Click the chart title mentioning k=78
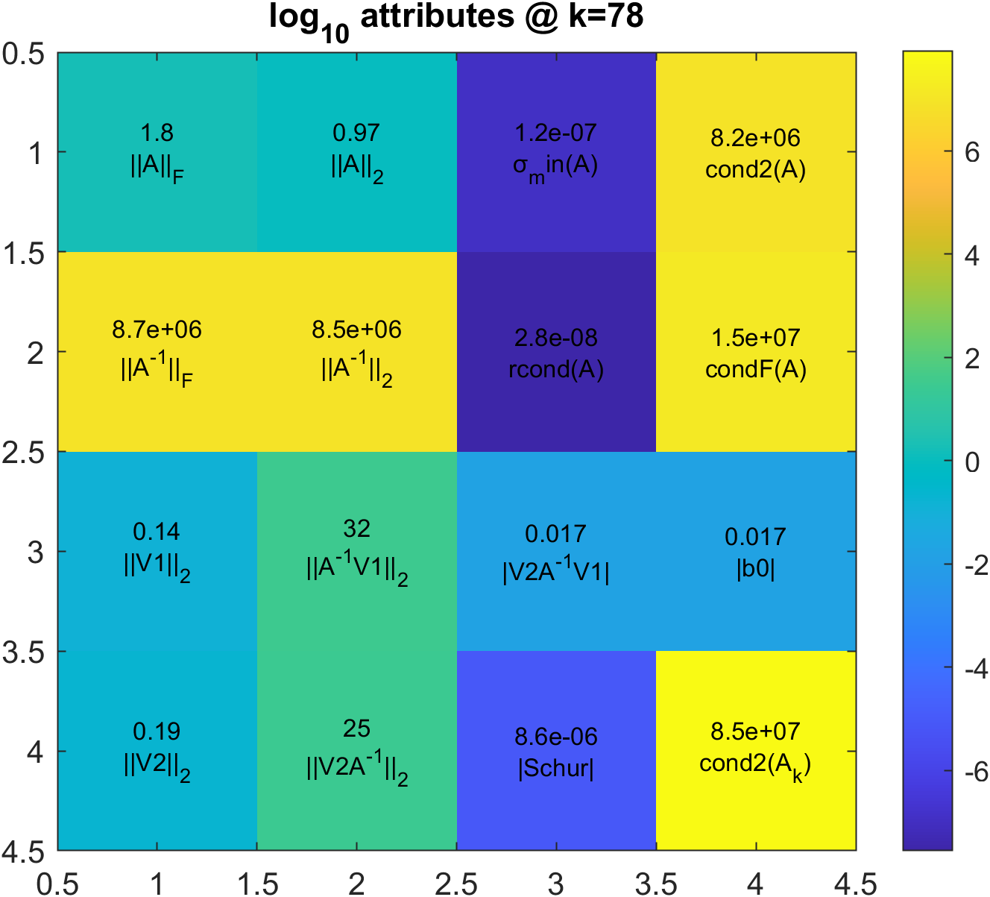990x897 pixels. [x=456, y=18]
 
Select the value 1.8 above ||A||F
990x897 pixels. [x=157, y=133]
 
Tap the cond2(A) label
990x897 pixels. [x=756, y=170]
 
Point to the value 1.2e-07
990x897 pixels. [x=556, y=133]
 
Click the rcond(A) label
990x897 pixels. [x=556, y=370]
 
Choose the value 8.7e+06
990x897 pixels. [x=157, y=330]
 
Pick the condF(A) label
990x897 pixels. [x=756, y=370]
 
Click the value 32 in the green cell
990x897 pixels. [x=357, y=529]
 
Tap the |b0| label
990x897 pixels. [x=756, y=569]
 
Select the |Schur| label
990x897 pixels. [x=556, y=769]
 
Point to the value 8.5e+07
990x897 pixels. [x=756, y=731]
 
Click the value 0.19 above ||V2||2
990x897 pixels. [x=157, y=731]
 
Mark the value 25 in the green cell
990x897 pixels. [x=357, y=728]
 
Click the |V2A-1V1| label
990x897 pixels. [x=556, y=571]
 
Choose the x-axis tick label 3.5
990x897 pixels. [x=656, y=884]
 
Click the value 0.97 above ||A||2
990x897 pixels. [x=357, y=133]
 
